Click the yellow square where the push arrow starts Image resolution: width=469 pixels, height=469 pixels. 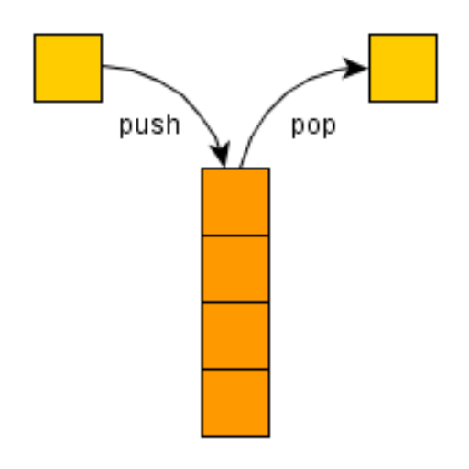point(68,68)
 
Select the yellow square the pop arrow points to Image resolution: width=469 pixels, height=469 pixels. point(403,68)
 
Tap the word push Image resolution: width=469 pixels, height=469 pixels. point(149,125)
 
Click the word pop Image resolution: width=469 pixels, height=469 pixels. point(313,126)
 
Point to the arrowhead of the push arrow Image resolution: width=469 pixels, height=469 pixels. point(221,154)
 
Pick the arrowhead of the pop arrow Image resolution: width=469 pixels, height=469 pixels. point(354,68)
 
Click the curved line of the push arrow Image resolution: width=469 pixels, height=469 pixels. point(181,94)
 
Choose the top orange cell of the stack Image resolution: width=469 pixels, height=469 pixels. point(235,202)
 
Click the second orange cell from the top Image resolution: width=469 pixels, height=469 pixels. point(235,269)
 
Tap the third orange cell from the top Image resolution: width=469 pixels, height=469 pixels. point(235,336)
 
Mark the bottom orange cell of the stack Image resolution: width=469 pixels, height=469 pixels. point(235,403)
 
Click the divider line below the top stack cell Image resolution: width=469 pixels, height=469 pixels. point(235,235)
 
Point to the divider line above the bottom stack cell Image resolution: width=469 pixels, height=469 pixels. point(235,369)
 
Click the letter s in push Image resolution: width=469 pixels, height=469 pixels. point(158,126)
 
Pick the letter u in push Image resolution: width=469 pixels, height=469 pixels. point(142,126)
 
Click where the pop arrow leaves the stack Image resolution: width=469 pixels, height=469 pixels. point(240,168)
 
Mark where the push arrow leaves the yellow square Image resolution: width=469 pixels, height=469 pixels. point(103,65)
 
